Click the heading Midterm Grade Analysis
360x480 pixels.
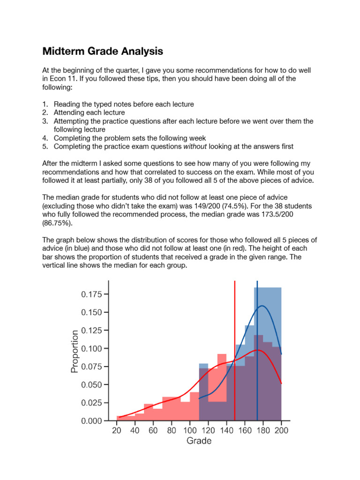[103, 51]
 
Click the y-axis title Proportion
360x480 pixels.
[75, 351]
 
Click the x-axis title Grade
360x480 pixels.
[199, 441]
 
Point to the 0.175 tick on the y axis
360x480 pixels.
[91, 294]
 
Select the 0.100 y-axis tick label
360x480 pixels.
[91, 348]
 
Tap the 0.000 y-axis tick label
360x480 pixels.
[91, 421]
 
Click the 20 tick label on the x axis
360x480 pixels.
[117, 430]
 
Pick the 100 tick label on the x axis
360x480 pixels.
[190, 430]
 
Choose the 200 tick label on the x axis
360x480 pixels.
[281, 430]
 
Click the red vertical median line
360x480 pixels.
[235, 328]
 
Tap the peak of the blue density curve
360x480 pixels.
[262, 306]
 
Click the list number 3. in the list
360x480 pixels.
[45, 121]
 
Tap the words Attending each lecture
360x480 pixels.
[89, 112]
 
